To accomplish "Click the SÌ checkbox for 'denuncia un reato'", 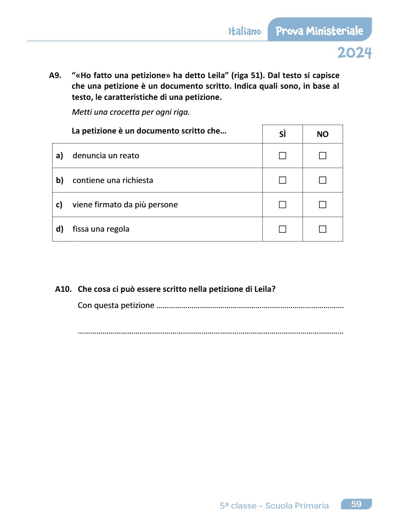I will pyautogui.click(x=283, y=156).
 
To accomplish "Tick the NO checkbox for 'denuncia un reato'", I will pyautogui.click(x=323, y=156).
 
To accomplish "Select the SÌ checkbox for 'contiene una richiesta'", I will pyautogui.click(x=283, y=180).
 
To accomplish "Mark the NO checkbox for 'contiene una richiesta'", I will pyautogui.click(x=323, y=180).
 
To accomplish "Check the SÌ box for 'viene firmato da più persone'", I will pyautogui.click(x=283, y=205).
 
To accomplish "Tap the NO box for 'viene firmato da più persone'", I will pyautogui.click(x=323, y=205).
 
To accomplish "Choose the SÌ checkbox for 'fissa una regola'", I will pyautogui.click(x=283, y=229).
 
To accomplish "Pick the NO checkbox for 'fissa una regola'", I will pyautogui.click(x=323, y=229).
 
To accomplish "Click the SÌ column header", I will pyautogui.click(x=283, y=134).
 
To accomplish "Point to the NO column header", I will pyautogui.click(x=323, y=134).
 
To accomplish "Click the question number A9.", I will pyautogui.click(x=55, y=76).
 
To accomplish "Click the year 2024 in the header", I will pyautogui.click(x=354, y=53).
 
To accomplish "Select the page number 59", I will pyautogui.click(x=356, y=504).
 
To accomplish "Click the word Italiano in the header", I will pyautogui.click(x=245, y=32).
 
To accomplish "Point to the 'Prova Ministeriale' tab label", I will pyautogui.click(x=319, y=31).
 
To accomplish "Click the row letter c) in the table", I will pyautogui.click(x=59, y=205).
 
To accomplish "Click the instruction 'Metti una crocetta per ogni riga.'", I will pyautogui.click(x=131, y=113).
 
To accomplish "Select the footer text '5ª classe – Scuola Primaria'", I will pyautogui.click(x=274, y=506).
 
